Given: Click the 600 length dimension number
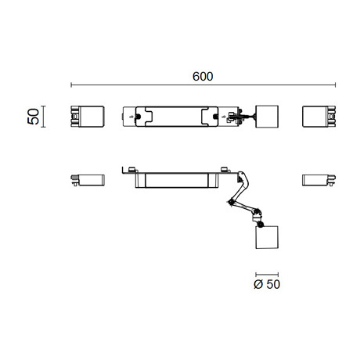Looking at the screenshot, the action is point(203,77).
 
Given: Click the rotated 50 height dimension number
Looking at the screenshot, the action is point(34,117).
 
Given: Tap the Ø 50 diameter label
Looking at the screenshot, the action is point(267,284).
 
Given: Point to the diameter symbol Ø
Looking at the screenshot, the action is point(258,284).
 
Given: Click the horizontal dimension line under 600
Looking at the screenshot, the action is point(203,85).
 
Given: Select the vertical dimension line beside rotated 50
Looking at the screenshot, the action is point(44,117).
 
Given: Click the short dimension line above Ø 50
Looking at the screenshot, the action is point(267,275).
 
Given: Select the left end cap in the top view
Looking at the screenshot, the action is point(88,117).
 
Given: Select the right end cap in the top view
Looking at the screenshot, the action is point(319,117).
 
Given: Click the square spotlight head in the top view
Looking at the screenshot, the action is point(267,117).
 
